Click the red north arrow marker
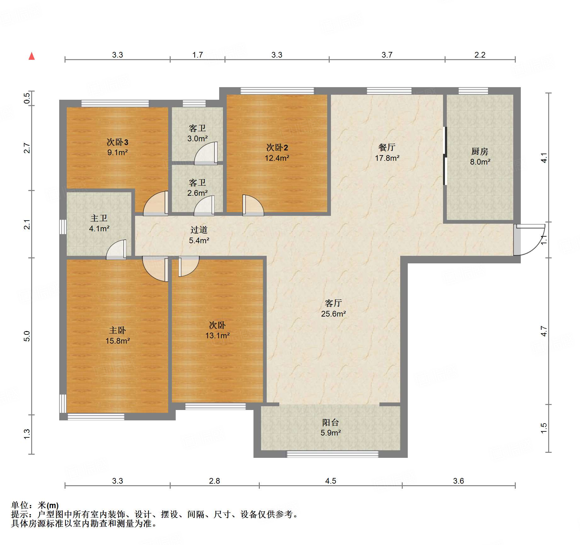(x=31, y=56)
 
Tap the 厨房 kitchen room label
(x=480, y=151)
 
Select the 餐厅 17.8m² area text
(x=387, y=158)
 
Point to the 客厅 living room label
(x=333, y=303)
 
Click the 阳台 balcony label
(x=331, y=422)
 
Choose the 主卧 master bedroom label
(x=117, y=330)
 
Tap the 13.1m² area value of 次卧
(x=217, y=335)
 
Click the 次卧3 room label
(x=117, y=142)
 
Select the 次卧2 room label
(x=277, y=147)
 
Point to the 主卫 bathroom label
(x=99, y=218)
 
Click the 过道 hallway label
(x=199, y=230)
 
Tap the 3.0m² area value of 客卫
(x=197, y=138)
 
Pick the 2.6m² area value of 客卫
(x=197, y=193)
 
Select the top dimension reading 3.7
(x=387, y=55)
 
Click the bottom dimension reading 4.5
(x=331, y=481)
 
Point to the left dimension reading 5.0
(x=27, y=336)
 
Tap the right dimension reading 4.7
(x=544, y=331)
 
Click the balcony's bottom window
(x=333, y=454)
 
